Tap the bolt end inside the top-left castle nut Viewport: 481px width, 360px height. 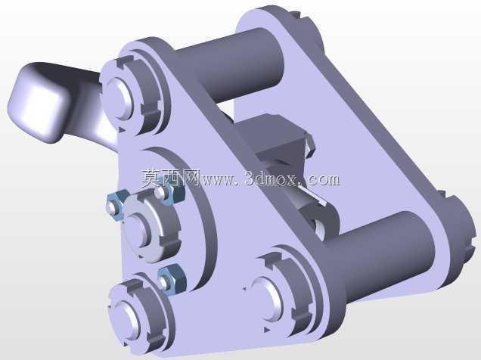tap(119, 98)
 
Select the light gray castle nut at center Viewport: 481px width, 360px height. tap(151, 225)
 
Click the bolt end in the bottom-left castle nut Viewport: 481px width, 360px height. tap(125, 319)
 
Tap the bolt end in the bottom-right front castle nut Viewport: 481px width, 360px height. tap(266, 299)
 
